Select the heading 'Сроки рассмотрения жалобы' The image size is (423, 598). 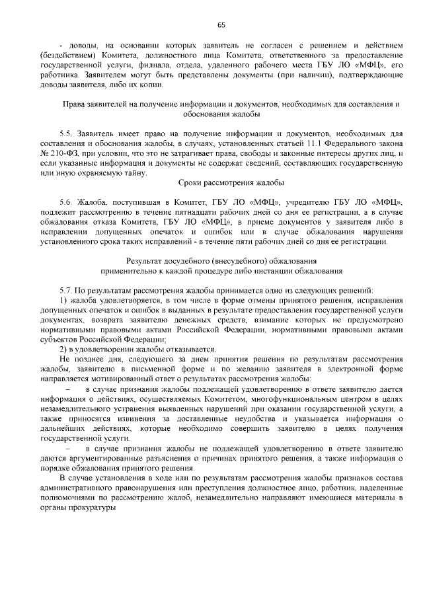(231, 182)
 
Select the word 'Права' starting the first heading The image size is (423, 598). (73, 105)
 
